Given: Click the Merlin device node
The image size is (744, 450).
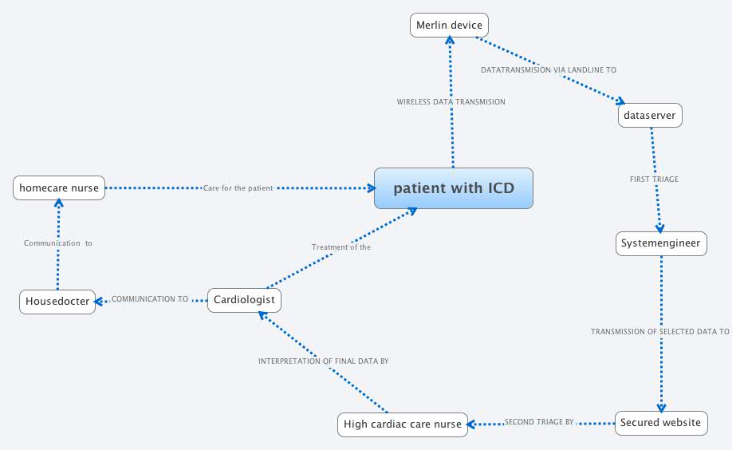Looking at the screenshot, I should (449, 26).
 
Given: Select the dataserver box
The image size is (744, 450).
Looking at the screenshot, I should (650, 116).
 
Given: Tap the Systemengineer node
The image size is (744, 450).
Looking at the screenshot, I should (661, 243).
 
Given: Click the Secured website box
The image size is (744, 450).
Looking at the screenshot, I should (660, 423).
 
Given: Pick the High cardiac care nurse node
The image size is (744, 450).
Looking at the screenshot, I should (403, 424).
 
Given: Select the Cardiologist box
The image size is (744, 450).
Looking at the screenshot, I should (244, 300).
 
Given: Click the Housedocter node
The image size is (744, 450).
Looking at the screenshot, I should (57, 302).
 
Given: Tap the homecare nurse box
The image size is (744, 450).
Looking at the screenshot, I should (59, 188).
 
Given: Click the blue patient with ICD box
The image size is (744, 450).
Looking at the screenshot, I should (454, 188).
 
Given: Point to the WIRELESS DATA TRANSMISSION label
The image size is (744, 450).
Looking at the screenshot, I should (451, 102).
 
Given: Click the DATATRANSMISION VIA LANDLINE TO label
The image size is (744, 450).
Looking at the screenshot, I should (548, 70).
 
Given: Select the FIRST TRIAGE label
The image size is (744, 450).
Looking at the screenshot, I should (654, 180).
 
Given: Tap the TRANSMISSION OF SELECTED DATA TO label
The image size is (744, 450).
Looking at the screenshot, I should (659, 331).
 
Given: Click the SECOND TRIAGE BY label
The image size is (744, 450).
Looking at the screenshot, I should (539, 422).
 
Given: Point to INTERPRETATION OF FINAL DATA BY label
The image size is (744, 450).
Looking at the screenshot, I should (323, 361).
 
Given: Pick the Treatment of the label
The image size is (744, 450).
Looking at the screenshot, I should (341, 247).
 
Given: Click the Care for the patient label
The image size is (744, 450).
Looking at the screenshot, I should (238, 188).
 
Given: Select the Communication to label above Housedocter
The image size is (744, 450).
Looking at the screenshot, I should (57, 243).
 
